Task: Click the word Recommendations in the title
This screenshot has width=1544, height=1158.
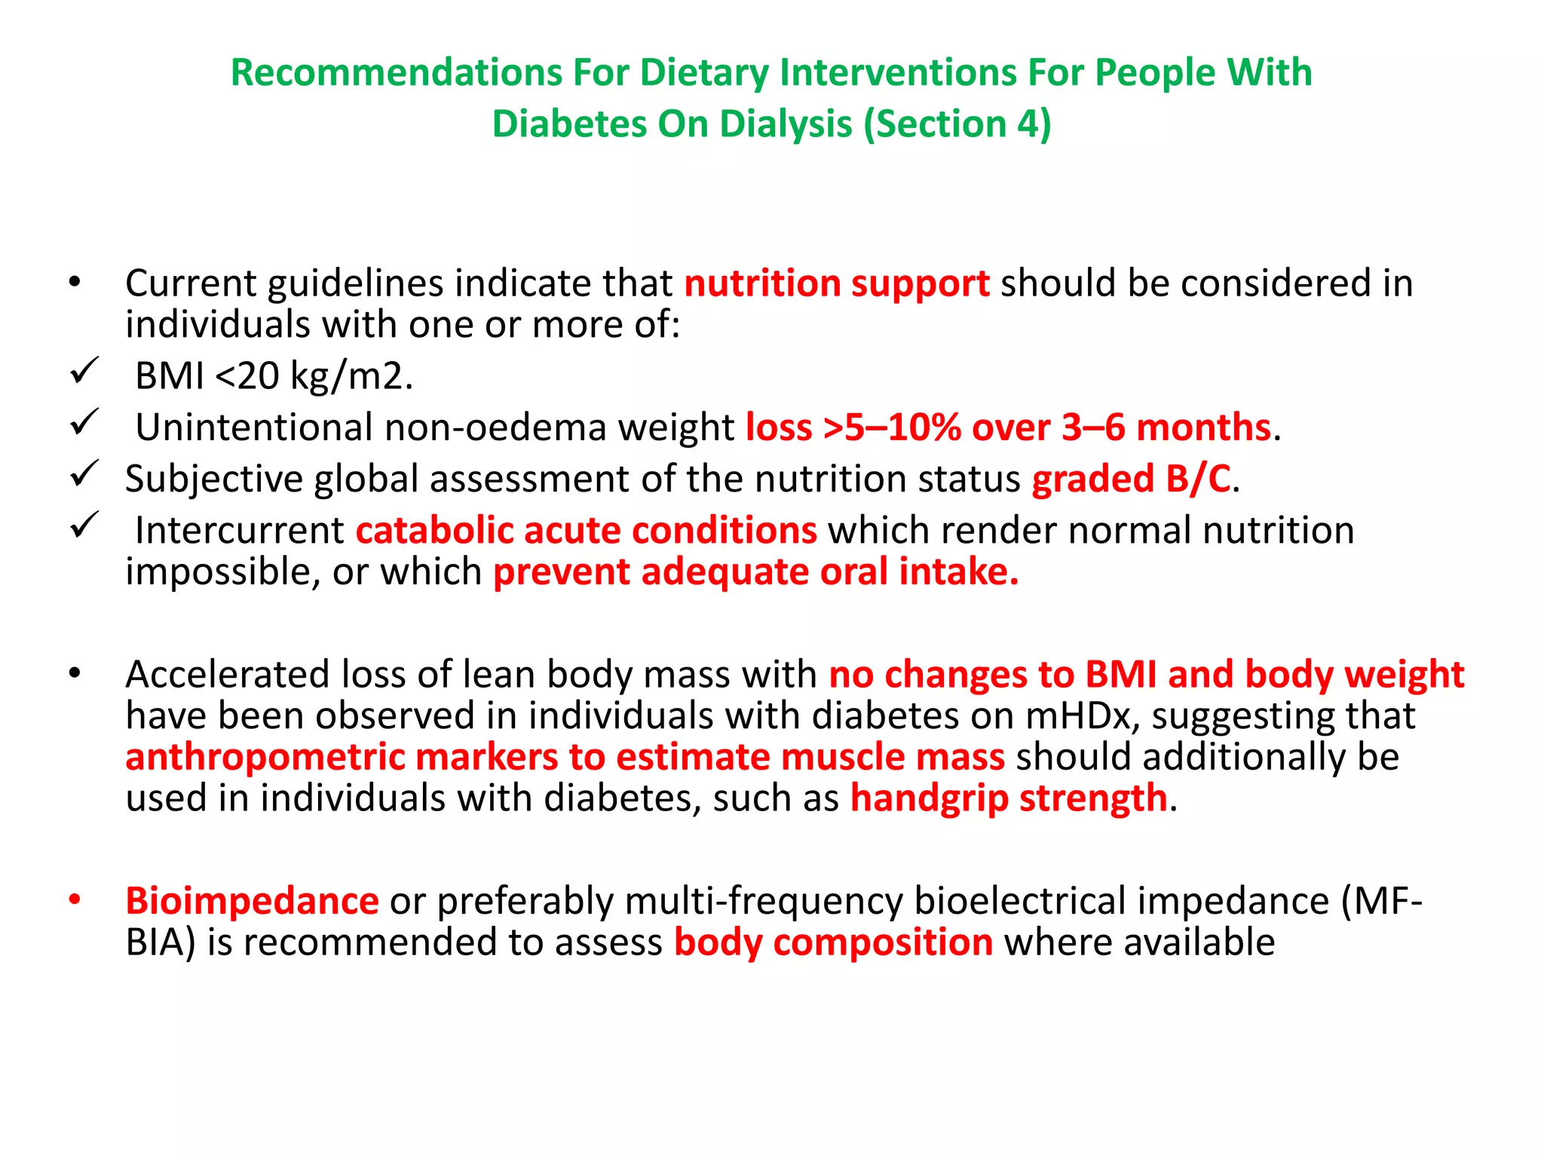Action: pyautogui.click(x=395, y=73)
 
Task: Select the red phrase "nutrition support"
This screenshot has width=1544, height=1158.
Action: pyautogui.click(x=836, y=284)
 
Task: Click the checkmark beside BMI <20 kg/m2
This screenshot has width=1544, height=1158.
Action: pyautogui.click(x=84, y=371)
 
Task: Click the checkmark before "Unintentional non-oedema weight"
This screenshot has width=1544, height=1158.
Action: pyautogui.click(x=84, y=422)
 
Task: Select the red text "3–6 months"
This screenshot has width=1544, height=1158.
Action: pyautogui.click(x=1166, y=427)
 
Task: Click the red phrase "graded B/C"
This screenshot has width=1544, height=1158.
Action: pyautogui.click(x=1131, y=479)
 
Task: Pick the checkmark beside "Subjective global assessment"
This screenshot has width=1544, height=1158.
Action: pyautogui.click(x=84, y=473)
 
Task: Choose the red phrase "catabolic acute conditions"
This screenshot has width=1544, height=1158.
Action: pyautogui.click(x=586, y=531)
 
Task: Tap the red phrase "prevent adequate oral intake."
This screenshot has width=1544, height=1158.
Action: pyautogui.click(x=755, y=572)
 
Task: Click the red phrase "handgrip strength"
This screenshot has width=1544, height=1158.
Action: pyautogui.click(x=1009, y=798)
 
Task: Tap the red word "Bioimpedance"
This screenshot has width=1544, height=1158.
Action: pyautogui.click(x=252, y=902)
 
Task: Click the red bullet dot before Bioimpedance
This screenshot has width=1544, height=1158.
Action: pyautogui.click(x=74, y=899)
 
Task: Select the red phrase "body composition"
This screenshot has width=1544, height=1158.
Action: pyautogui.click(x=833, y=943)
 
